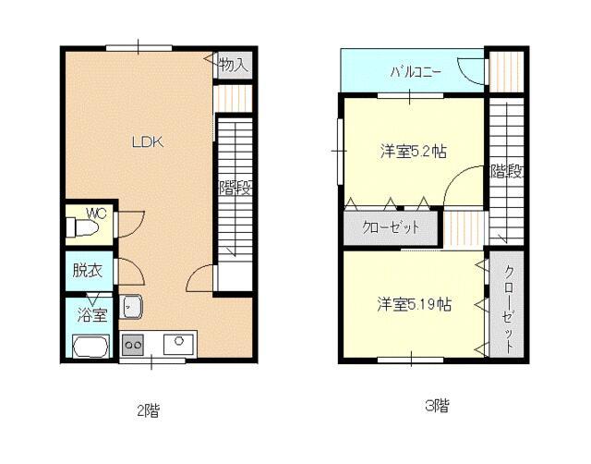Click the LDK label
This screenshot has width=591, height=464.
tap(148, 142)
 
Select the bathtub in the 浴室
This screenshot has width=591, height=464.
tap(90, 346)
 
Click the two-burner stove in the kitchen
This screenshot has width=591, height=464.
tap(133, 345)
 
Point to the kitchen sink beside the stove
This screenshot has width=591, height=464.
tap(178, 344)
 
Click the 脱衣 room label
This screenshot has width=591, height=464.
tap(88, 271)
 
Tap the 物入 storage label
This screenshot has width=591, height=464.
tap(234, 65)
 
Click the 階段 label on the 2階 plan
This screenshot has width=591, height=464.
tap(235, 188)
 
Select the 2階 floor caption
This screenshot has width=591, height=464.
tap(148, 410)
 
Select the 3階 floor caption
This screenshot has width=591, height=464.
tap(437, 407)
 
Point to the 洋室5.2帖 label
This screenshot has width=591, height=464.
tap(414, 152)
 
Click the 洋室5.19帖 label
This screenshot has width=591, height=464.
tap(414, 304)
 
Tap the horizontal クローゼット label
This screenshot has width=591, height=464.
tap(391, 227)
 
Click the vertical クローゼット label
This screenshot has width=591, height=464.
tap(509, 310)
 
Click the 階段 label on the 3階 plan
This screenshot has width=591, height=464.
tap(506, 172)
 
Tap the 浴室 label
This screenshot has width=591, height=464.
tap(92, 314)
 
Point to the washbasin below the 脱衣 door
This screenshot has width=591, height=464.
tap(130, 306)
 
